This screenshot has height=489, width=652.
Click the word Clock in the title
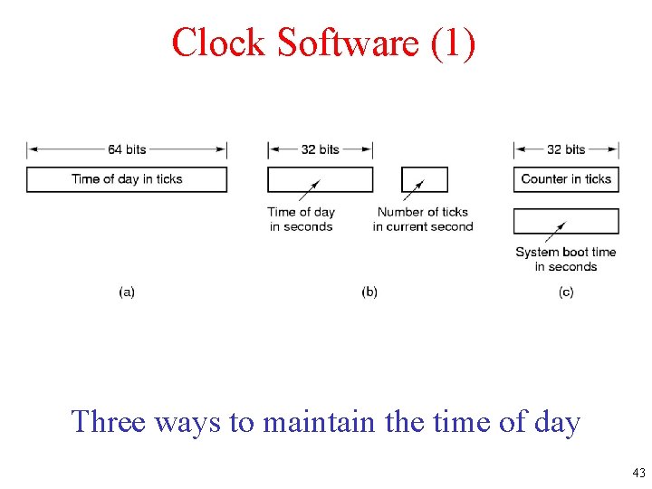click(x=218, y=43)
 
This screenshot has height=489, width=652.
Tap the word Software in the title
click(x=345, y=43)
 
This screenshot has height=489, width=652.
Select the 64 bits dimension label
click(x=127, y=149)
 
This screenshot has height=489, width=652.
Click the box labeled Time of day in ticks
click(x=127, y=179)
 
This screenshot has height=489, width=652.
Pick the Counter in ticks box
click(x=566, y=179)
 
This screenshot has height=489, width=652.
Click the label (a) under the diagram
click(x=127, y=292)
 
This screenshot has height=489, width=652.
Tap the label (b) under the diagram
click(x=369, y=292)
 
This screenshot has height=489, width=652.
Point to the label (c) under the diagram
click(x=566, y=292)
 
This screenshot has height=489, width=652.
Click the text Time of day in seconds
click(x=302, y=219)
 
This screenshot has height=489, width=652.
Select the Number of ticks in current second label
click(x=423, y=219)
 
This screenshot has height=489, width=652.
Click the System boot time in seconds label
click(x=566, y=259)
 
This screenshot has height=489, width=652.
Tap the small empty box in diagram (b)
click(x=425, y=179)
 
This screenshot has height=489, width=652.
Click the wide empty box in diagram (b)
click(x=320, y=179)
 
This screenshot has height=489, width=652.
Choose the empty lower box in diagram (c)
click(x=566, y=221)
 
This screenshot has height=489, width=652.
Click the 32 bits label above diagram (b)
click(x=320, y=149)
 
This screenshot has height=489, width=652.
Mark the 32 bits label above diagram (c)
click(x=566, y=149)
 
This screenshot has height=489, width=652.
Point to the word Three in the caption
click(x=108, y=422)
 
